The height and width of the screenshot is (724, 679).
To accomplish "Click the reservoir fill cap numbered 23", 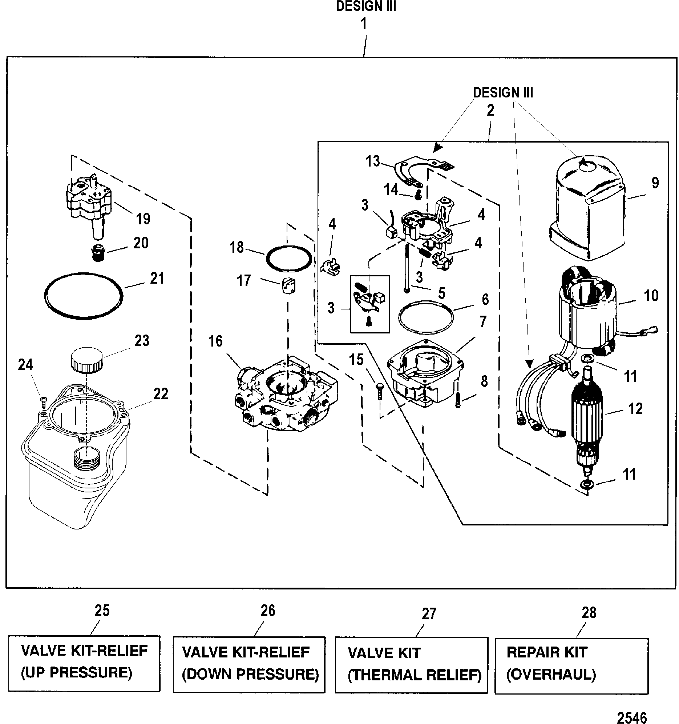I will pyautogui.click(x=87, y=359).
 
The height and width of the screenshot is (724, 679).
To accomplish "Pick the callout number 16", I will pyautogui.click(x=215, y=341).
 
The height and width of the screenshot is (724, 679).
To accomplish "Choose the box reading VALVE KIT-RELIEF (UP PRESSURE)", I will pyautogui.click(x=84, y=664).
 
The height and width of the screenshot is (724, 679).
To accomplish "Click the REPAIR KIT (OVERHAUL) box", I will pyautogui.click(x=571, y=665).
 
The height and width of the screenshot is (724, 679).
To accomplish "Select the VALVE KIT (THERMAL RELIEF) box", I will pyautogui.click(x=411, y=665).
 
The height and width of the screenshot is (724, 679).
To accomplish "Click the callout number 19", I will pyautogui.click(x=143, y=219).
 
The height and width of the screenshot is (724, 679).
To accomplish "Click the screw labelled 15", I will pyautogui.click(x=380, y=391).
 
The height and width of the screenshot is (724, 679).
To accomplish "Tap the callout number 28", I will pyautogui.click(x=589, y=613).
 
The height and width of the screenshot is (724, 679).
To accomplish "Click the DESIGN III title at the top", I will pyautogui.click(x=366, y=6).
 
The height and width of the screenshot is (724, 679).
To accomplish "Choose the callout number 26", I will pyautogui.click(x=268, y=611).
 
